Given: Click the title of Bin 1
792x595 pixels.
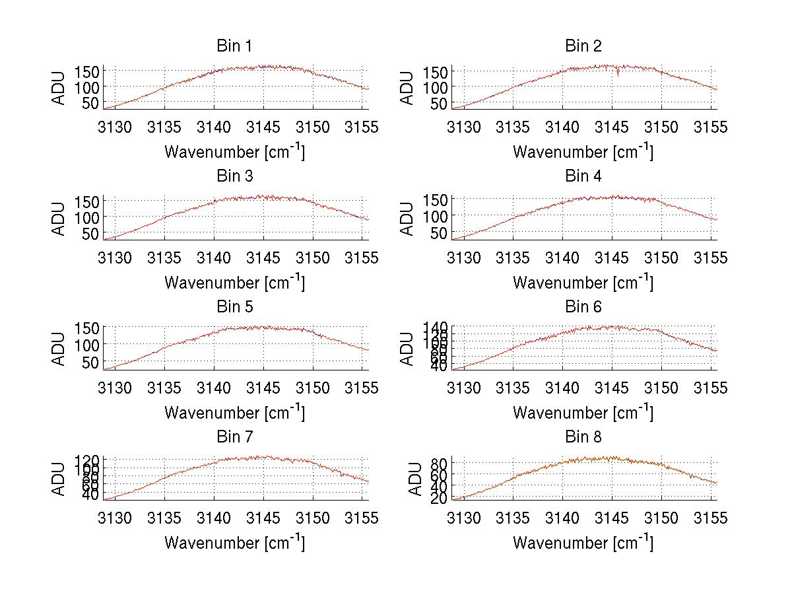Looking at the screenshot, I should pos(234,46).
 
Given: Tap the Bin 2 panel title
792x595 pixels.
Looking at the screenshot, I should pos(583,46).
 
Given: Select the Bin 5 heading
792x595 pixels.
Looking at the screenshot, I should pos(234,307).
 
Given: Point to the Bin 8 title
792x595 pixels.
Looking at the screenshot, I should pos(583,437).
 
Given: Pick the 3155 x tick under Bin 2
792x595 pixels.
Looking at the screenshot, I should pos(711,126).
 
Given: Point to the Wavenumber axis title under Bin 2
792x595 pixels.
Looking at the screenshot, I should pos(583,151).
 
